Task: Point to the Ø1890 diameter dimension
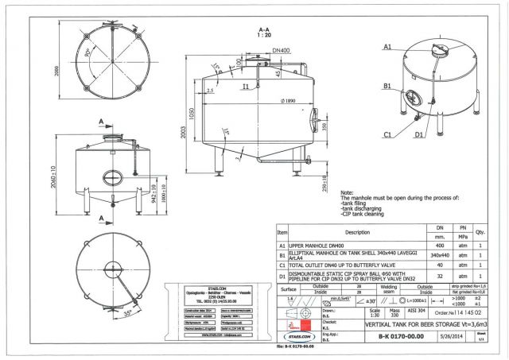[278, 101]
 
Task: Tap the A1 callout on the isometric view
[387, 48]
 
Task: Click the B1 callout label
[387, 85]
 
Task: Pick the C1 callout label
[387, 134]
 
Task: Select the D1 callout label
[418, 134]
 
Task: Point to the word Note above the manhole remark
[348, 193]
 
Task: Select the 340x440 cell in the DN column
[440, 254]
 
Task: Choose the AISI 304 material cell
[416, 313]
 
